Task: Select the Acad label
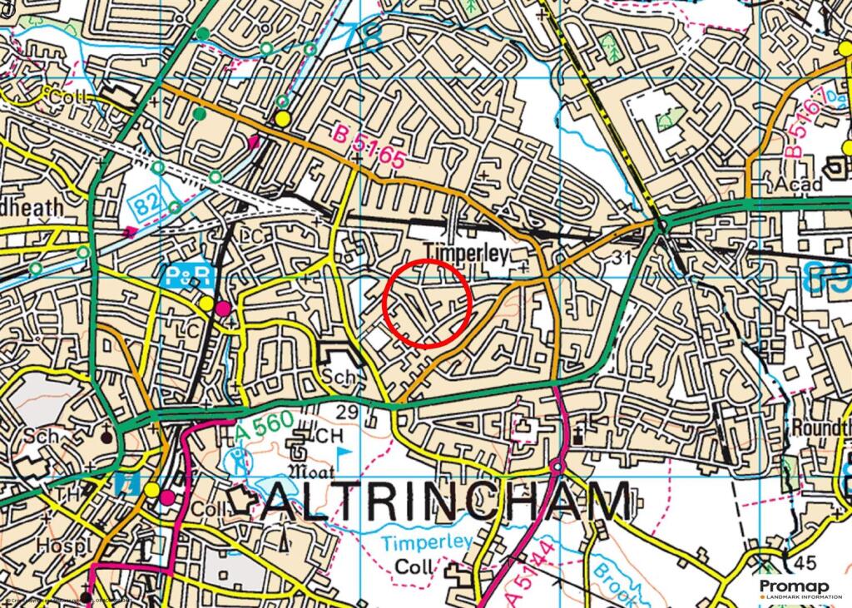pyautogui.click(x=797, y=184)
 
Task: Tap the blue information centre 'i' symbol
pyautogui.click(x=126, y=483)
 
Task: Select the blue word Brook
pyautogui.click(x=612, y=581)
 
